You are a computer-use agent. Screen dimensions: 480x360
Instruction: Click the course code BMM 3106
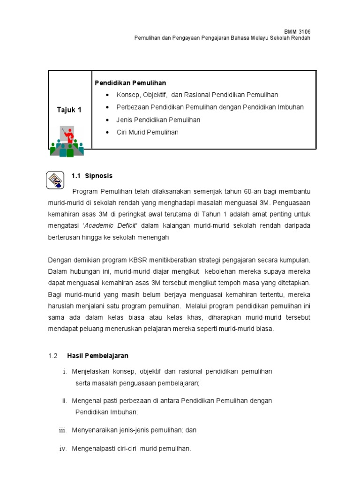click(x=298, y=31)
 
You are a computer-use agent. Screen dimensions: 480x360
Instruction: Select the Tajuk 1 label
click(x=69, y=110)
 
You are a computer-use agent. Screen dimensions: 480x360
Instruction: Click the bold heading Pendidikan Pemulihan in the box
click(x=130, y=83)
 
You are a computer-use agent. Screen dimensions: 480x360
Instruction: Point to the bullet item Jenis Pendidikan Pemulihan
click(x=158, y=120)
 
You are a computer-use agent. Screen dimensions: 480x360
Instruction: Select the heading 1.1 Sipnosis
click(x=92, y=176)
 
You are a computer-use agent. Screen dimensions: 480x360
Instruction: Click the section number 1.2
click(x=52, y=356)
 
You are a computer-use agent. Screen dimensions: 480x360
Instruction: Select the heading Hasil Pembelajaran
click(x=97, y=356)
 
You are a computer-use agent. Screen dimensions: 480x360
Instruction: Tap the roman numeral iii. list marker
click(x=63, y=430)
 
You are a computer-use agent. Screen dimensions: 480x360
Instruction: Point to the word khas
click(x=213, y=317)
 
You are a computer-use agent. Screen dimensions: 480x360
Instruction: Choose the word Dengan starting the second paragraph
click(x=60, y=260)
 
